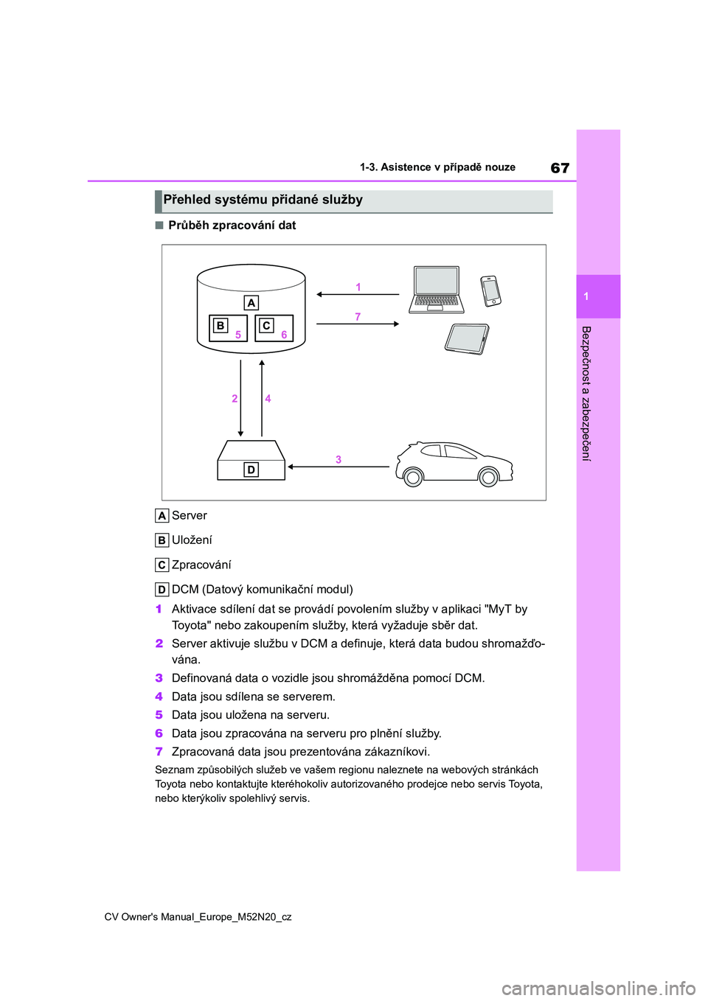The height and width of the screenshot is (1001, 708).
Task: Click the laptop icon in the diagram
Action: click(x=437, y=289)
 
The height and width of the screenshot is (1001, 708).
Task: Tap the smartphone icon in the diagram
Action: click(x=490, y=290)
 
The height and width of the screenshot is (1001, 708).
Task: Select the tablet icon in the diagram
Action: click(x=467, y=339)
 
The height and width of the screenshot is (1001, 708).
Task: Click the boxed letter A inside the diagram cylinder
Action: click(x=251, y=303)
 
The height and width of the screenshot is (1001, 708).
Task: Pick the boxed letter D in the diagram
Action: click(x=251, y=470)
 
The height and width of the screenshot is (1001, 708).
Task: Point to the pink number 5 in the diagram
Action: click(x=238, y=335)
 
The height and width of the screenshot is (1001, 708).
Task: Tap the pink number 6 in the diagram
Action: click(x=284, y=335)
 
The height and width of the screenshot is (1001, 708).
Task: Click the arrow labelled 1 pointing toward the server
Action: click(x=358, y=295)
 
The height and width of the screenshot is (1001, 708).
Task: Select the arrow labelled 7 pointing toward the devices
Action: click(x=358, y=324)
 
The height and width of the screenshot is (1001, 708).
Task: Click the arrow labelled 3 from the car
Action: click(x=339, y=467)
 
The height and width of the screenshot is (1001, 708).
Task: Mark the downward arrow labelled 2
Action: click(x=240, y=398)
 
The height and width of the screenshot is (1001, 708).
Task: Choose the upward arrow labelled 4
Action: click(x=262, y=398)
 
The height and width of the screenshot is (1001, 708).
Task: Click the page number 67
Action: click(x=560, y=168)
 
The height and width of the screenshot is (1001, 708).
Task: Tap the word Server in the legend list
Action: click(x=190, y=516)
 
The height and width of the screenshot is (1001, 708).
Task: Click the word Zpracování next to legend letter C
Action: click(x=201, y=565)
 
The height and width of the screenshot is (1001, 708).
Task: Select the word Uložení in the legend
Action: click(x=192, y=540)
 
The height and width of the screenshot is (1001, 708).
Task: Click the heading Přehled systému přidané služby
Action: click(x=263, y=200)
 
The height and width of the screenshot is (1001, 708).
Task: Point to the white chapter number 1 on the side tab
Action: click(x=586, y=296)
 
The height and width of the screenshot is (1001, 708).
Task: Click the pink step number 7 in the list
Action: click(x=159, y=752)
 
